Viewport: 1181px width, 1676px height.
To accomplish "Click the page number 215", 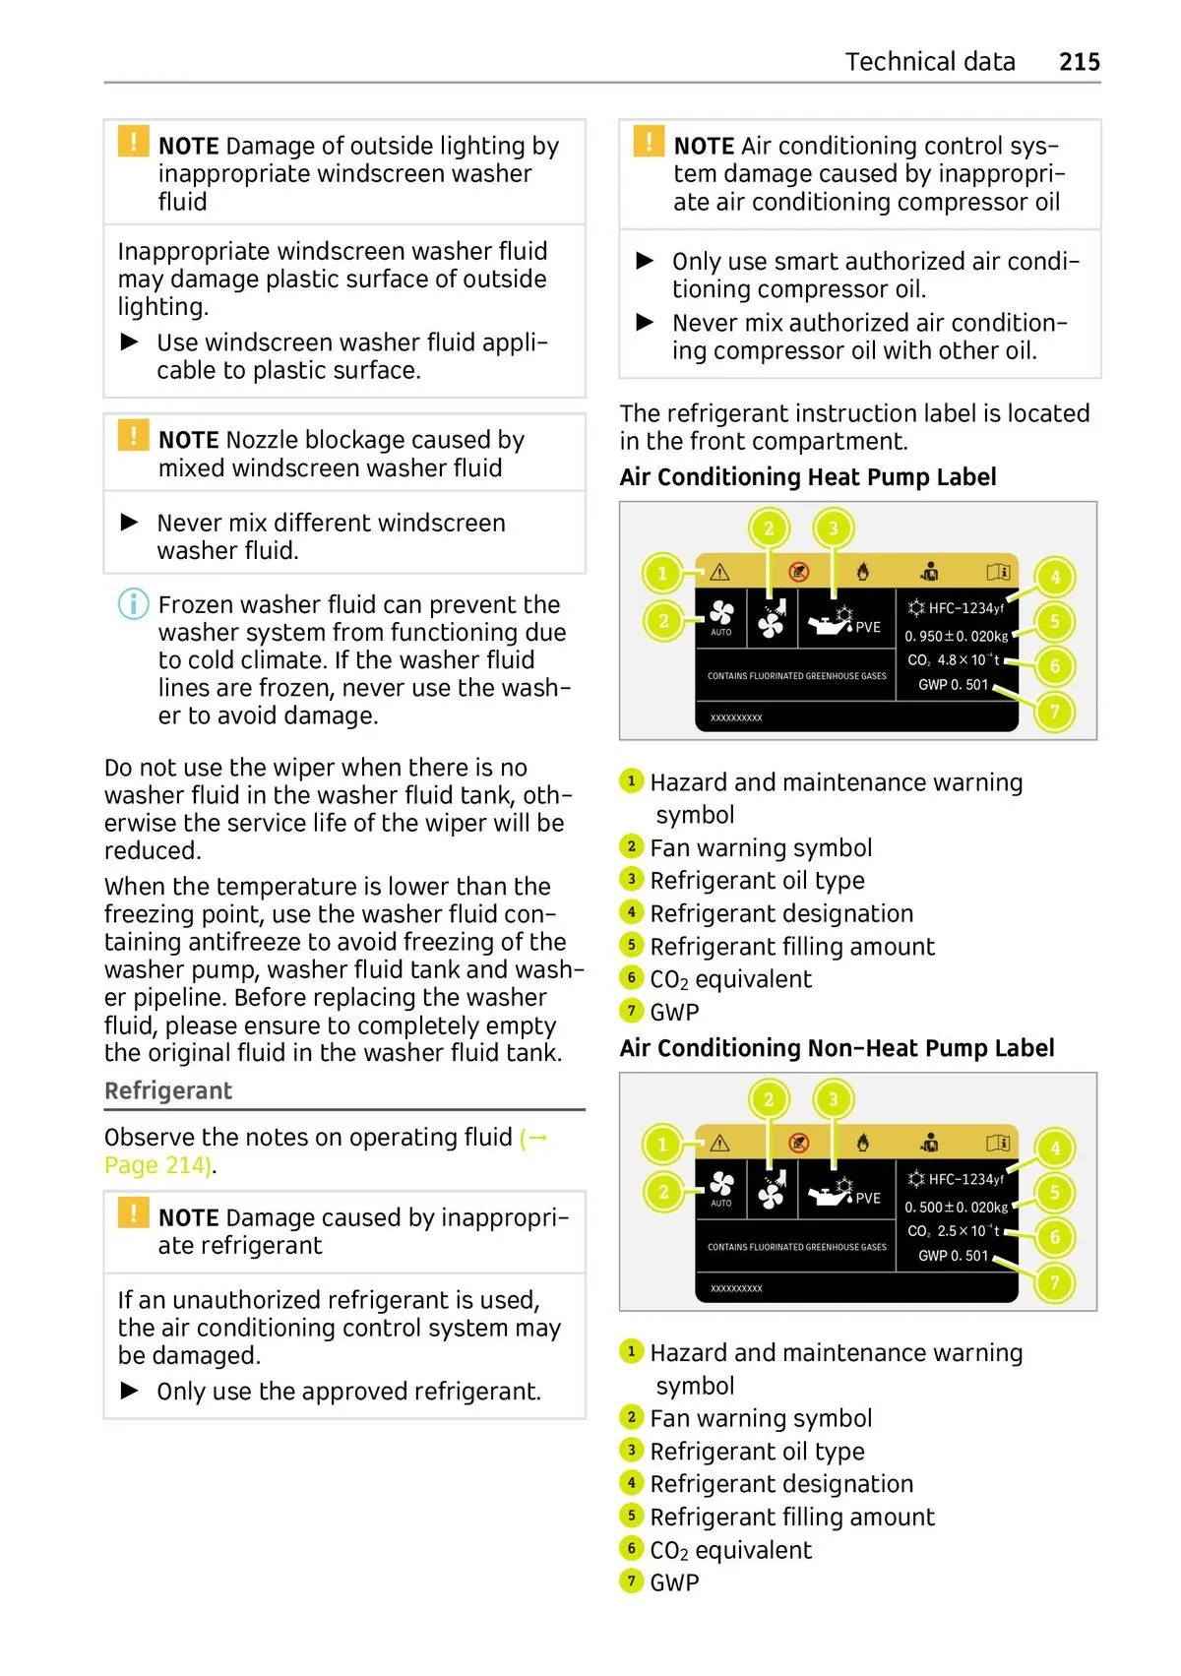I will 1079,62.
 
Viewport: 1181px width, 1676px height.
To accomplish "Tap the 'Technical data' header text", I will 929,62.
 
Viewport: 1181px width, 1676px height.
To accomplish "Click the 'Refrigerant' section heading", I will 168,1090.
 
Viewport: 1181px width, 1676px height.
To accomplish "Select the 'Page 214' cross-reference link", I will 157,1165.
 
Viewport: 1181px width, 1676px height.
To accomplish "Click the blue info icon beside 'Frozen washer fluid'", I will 133,603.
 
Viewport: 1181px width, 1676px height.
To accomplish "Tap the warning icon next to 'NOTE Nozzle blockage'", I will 133,436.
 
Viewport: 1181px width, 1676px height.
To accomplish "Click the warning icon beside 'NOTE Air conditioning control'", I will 649,142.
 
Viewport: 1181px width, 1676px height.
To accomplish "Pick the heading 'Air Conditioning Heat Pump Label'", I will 807,477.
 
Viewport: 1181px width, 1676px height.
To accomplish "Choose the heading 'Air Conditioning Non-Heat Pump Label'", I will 837,1048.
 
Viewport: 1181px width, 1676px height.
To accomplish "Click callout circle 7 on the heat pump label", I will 1054,712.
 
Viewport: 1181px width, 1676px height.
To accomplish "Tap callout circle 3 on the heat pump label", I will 833,528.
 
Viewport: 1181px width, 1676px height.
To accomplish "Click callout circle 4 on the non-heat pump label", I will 1055,1148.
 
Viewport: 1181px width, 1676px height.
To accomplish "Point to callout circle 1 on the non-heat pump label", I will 662,1144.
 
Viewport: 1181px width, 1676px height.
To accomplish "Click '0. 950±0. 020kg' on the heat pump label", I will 956,637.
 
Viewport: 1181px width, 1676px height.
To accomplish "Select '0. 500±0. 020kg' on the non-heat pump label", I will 956,1208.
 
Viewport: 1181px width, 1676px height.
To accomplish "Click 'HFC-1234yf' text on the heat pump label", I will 964,609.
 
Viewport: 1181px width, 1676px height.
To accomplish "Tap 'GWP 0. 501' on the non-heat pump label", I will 953,1256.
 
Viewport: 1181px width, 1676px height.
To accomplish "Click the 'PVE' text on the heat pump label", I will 868,628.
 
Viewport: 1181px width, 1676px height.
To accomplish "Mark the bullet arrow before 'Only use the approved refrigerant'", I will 130,1391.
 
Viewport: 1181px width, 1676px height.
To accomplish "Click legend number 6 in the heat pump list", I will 632,978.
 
